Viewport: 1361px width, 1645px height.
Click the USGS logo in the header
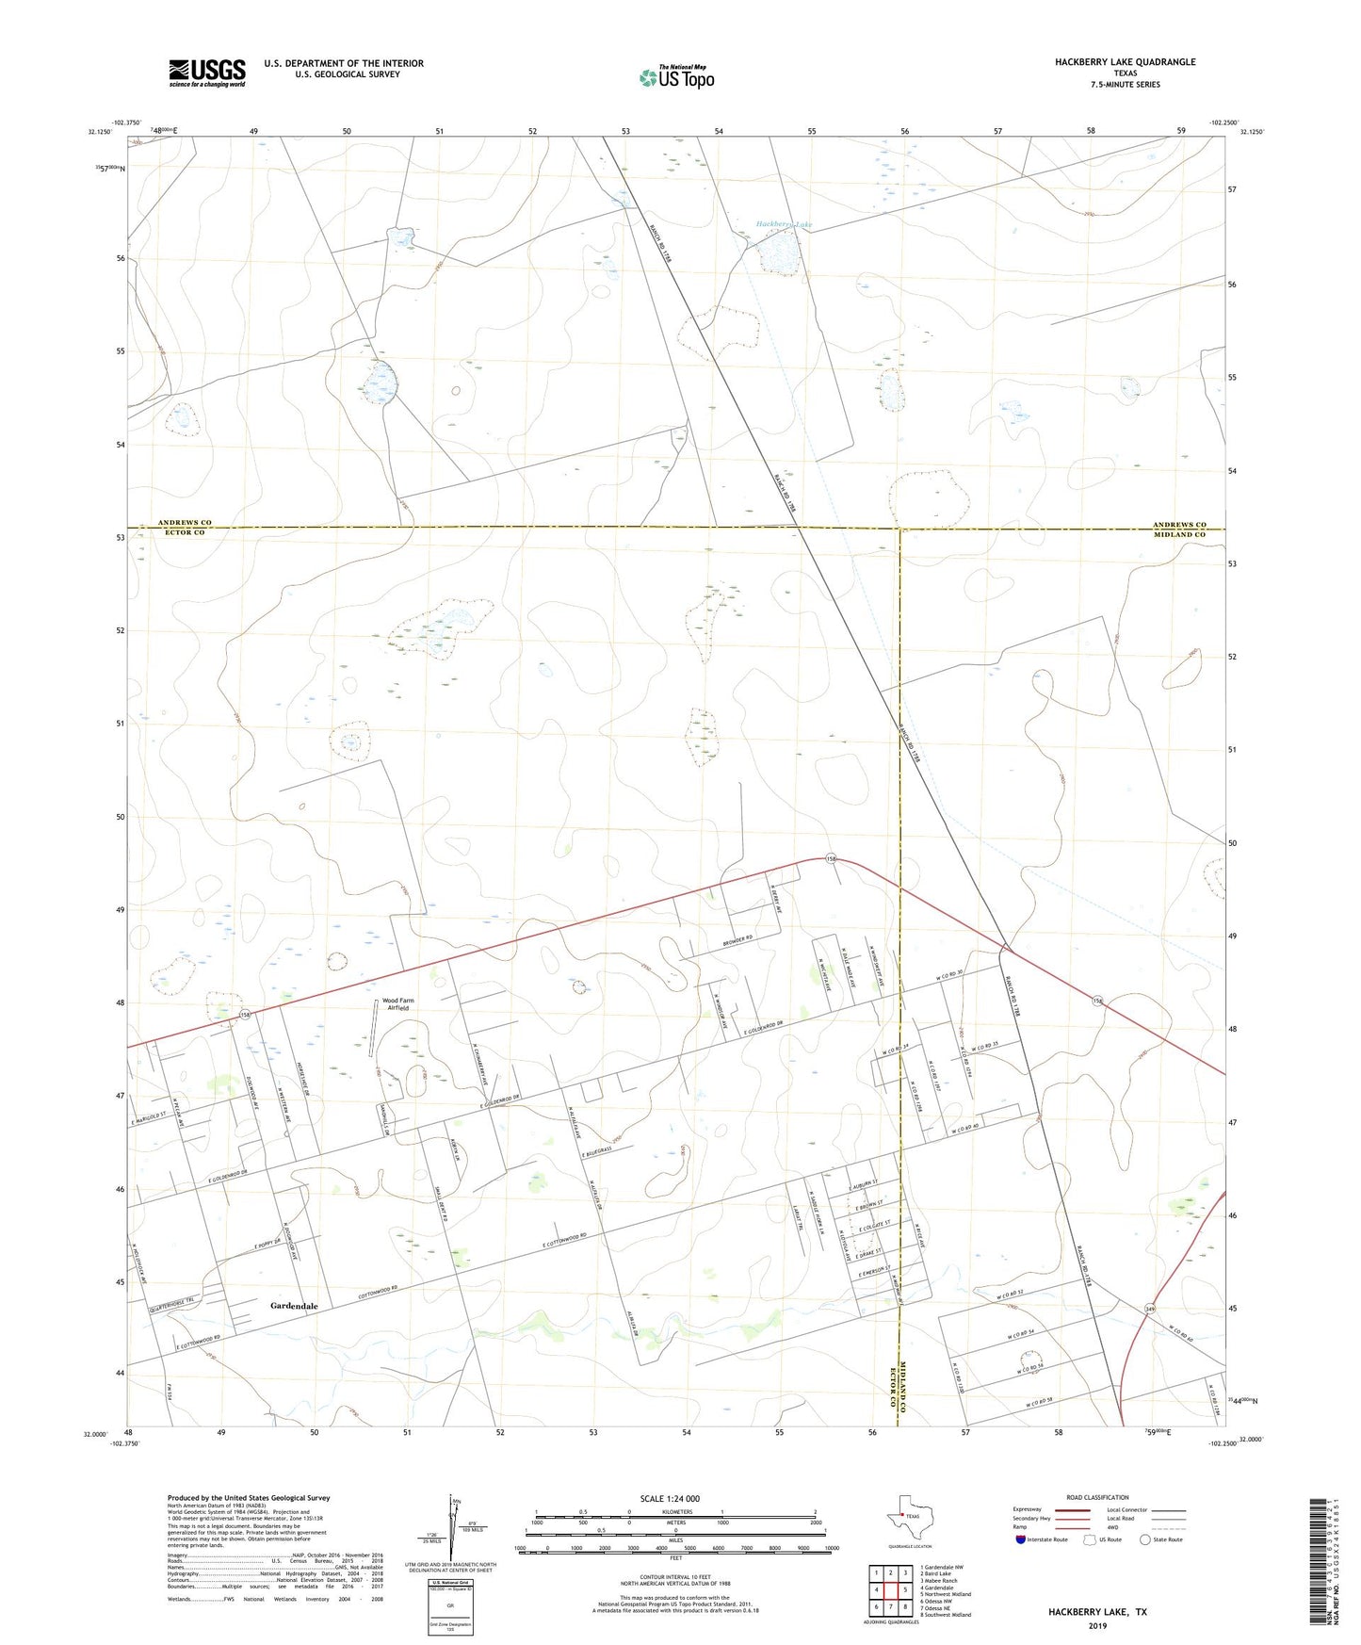207,73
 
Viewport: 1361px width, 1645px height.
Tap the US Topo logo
676,77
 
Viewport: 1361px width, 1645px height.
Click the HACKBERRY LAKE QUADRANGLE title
1125,62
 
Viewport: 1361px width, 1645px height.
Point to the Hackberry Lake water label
784,225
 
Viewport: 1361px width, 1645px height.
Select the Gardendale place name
294,1306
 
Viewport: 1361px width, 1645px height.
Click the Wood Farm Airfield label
397,1004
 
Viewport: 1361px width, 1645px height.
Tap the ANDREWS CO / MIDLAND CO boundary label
1179,529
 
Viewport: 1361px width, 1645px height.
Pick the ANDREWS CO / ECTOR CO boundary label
185,528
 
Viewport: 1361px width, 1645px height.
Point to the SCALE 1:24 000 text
670,1498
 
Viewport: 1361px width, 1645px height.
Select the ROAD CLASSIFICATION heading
1097,1497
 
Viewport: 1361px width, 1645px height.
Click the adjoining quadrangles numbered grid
890,1591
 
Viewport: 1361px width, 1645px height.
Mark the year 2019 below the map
1097,1625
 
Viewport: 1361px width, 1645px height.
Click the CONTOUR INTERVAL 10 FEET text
675,1576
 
